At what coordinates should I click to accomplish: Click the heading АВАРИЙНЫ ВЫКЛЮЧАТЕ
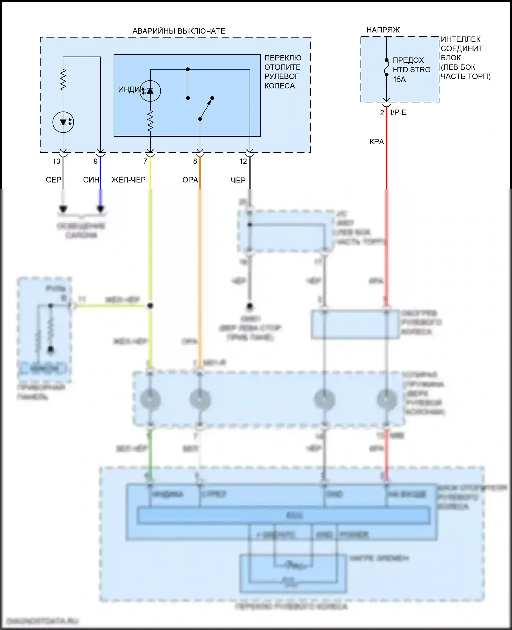coord(179,31)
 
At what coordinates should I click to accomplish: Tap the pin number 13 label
coord(56,161)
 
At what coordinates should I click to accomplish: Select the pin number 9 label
coord(96,161)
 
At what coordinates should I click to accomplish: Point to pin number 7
coord(145,161)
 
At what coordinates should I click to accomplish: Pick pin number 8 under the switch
coord(195,161)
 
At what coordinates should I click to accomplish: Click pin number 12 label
coord(243,161)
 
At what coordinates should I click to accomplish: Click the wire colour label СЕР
coord(54,180)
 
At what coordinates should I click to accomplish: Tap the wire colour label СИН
coord(91,180)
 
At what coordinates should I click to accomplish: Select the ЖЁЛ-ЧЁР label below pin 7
coord(128,180)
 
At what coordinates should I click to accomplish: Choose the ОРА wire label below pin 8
coord(190,180)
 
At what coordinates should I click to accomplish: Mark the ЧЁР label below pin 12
coord(238,180)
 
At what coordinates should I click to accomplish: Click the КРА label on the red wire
coord(376,142)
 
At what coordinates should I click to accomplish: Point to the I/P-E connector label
coord(398,113)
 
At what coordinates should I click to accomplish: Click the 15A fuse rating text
coord(399,80)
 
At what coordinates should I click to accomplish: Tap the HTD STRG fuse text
coord(411,70)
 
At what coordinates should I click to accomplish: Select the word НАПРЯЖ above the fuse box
coord(383,30)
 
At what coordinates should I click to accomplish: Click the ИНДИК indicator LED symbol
coord(150,90)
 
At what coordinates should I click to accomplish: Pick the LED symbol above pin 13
coord(63,122)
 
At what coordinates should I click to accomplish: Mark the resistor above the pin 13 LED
coord(63,80)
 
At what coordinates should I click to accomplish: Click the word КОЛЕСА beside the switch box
coord(280,86)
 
